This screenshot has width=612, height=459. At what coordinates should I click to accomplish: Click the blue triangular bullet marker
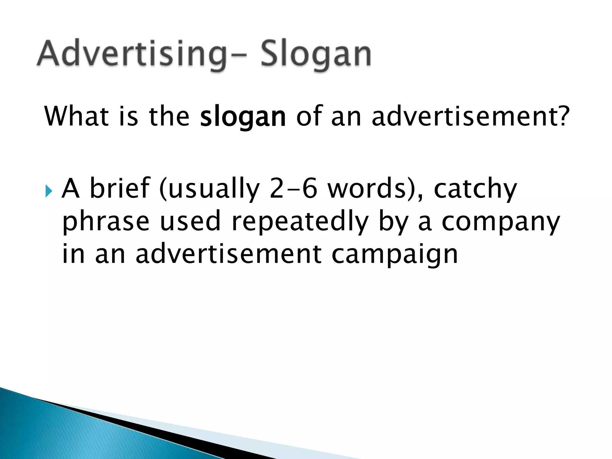(48, 192)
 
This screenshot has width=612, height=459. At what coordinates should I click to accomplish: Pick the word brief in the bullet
(120, 188)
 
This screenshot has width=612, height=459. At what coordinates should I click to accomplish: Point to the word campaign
(394, 255)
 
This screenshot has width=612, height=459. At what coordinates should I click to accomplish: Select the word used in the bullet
(190, 221)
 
